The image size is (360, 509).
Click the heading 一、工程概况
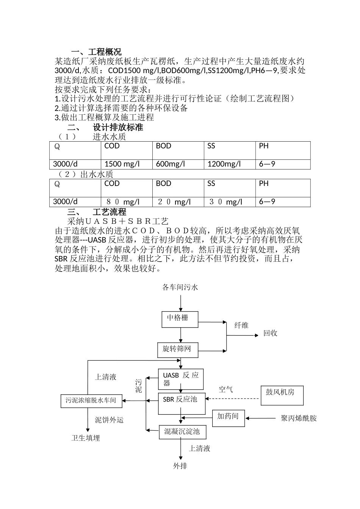96,52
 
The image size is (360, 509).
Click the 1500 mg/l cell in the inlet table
122,164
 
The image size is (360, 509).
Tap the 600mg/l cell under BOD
171,164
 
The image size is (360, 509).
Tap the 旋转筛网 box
177,350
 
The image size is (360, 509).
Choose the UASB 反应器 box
180,379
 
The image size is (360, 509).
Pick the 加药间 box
228,418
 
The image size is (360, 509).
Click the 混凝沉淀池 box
182,432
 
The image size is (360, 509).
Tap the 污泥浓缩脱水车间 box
91,401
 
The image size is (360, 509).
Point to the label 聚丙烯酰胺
299,418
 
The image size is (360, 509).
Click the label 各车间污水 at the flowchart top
180,287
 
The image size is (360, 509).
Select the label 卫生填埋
86,438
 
